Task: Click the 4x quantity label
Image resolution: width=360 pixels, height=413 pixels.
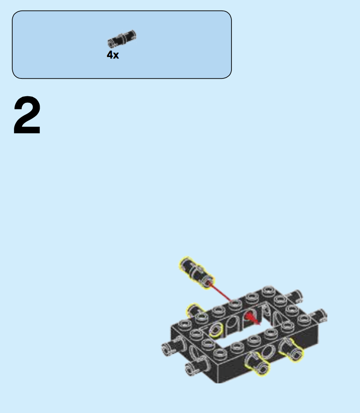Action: pos(112,55)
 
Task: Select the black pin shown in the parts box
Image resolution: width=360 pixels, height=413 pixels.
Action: pos(122,39)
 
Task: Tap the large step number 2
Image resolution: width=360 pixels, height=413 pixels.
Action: pos(27,116)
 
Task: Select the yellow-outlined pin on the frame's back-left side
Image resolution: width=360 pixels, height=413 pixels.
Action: pos(194,311)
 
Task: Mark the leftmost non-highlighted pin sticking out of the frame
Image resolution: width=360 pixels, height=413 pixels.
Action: pos(171,347)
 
